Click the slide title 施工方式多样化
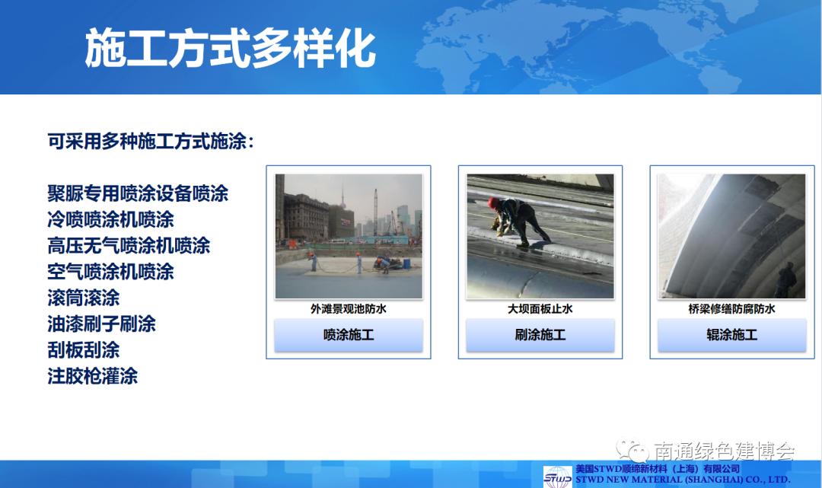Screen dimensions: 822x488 coord(230,48)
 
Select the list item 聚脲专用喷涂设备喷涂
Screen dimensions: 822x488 coord(138,193)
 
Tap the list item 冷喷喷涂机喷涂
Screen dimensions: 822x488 coord(110,219)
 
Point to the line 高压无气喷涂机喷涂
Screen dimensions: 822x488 coord(129,246)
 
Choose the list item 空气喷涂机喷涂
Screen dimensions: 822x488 coord(110,272)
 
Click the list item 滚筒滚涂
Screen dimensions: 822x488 coord(84,298)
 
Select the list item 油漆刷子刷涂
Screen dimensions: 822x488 coord(102,324)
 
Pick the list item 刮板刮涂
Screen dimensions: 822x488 coord(84,350)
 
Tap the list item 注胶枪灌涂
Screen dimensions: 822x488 coord(93,376)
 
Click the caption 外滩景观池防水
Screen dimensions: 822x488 coord(349,309)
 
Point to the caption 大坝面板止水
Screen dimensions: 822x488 coord(540,309)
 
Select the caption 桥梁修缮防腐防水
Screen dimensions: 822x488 coord(732,309)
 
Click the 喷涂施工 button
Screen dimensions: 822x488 coord(349,334)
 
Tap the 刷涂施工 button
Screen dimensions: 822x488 coord(540,334)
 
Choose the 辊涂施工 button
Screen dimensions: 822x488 coord(732,334)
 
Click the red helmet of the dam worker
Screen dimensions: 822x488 coord(492,203)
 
